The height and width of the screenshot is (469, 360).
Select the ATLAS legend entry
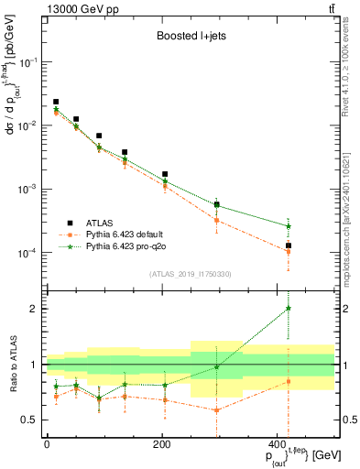(x=98, y=223)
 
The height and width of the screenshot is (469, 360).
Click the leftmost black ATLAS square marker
(x=56, y=102)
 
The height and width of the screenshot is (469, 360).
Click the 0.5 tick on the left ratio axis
(x=41, y=420)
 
